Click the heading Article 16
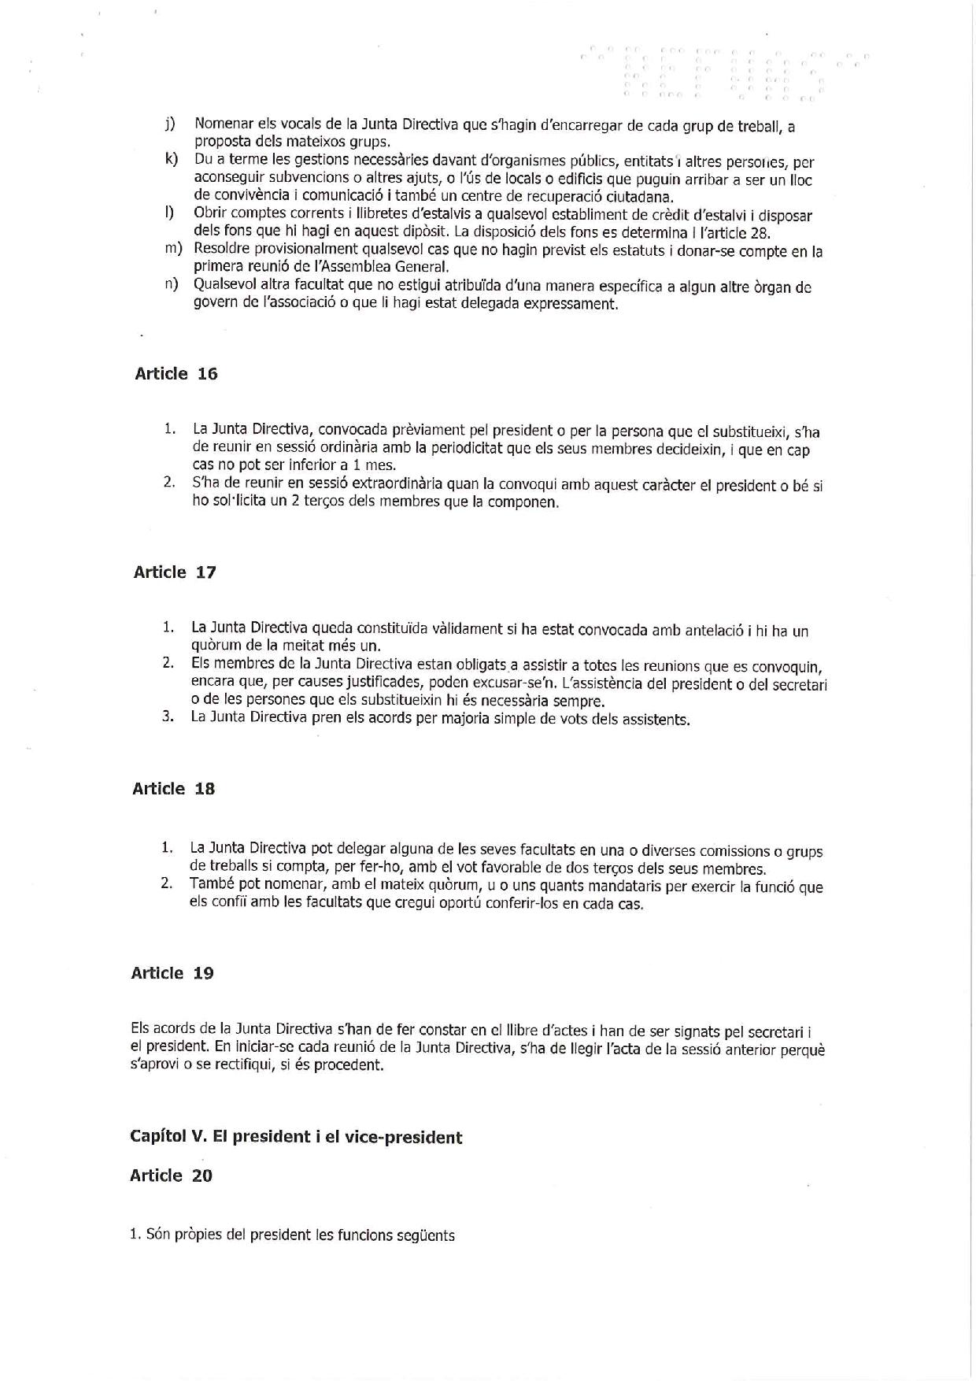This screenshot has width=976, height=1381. [176, 374]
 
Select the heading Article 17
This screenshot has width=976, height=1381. [174, 572]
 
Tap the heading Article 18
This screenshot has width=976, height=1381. [173, 789]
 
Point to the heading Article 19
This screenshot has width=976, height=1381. [172, 973]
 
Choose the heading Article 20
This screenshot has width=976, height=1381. [171, 1176]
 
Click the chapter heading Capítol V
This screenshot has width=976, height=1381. [295, 1137]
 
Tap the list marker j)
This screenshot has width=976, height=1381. [169, 124]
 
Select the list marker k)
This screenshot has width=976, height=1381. [170, 161]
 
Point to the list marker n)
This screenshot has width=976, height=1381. [171, 285]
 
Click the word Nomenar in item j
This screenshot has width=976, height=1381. [223, 124]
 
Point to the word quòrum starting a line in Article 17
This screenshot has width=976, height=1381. [214, 646]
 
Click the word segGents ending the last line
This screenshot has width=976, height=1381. [427, 1235]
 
